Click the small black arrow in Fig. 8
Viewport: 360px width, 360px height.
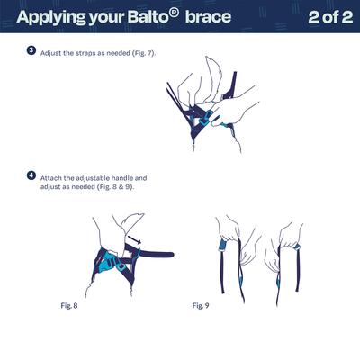[x=135, y=236]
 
